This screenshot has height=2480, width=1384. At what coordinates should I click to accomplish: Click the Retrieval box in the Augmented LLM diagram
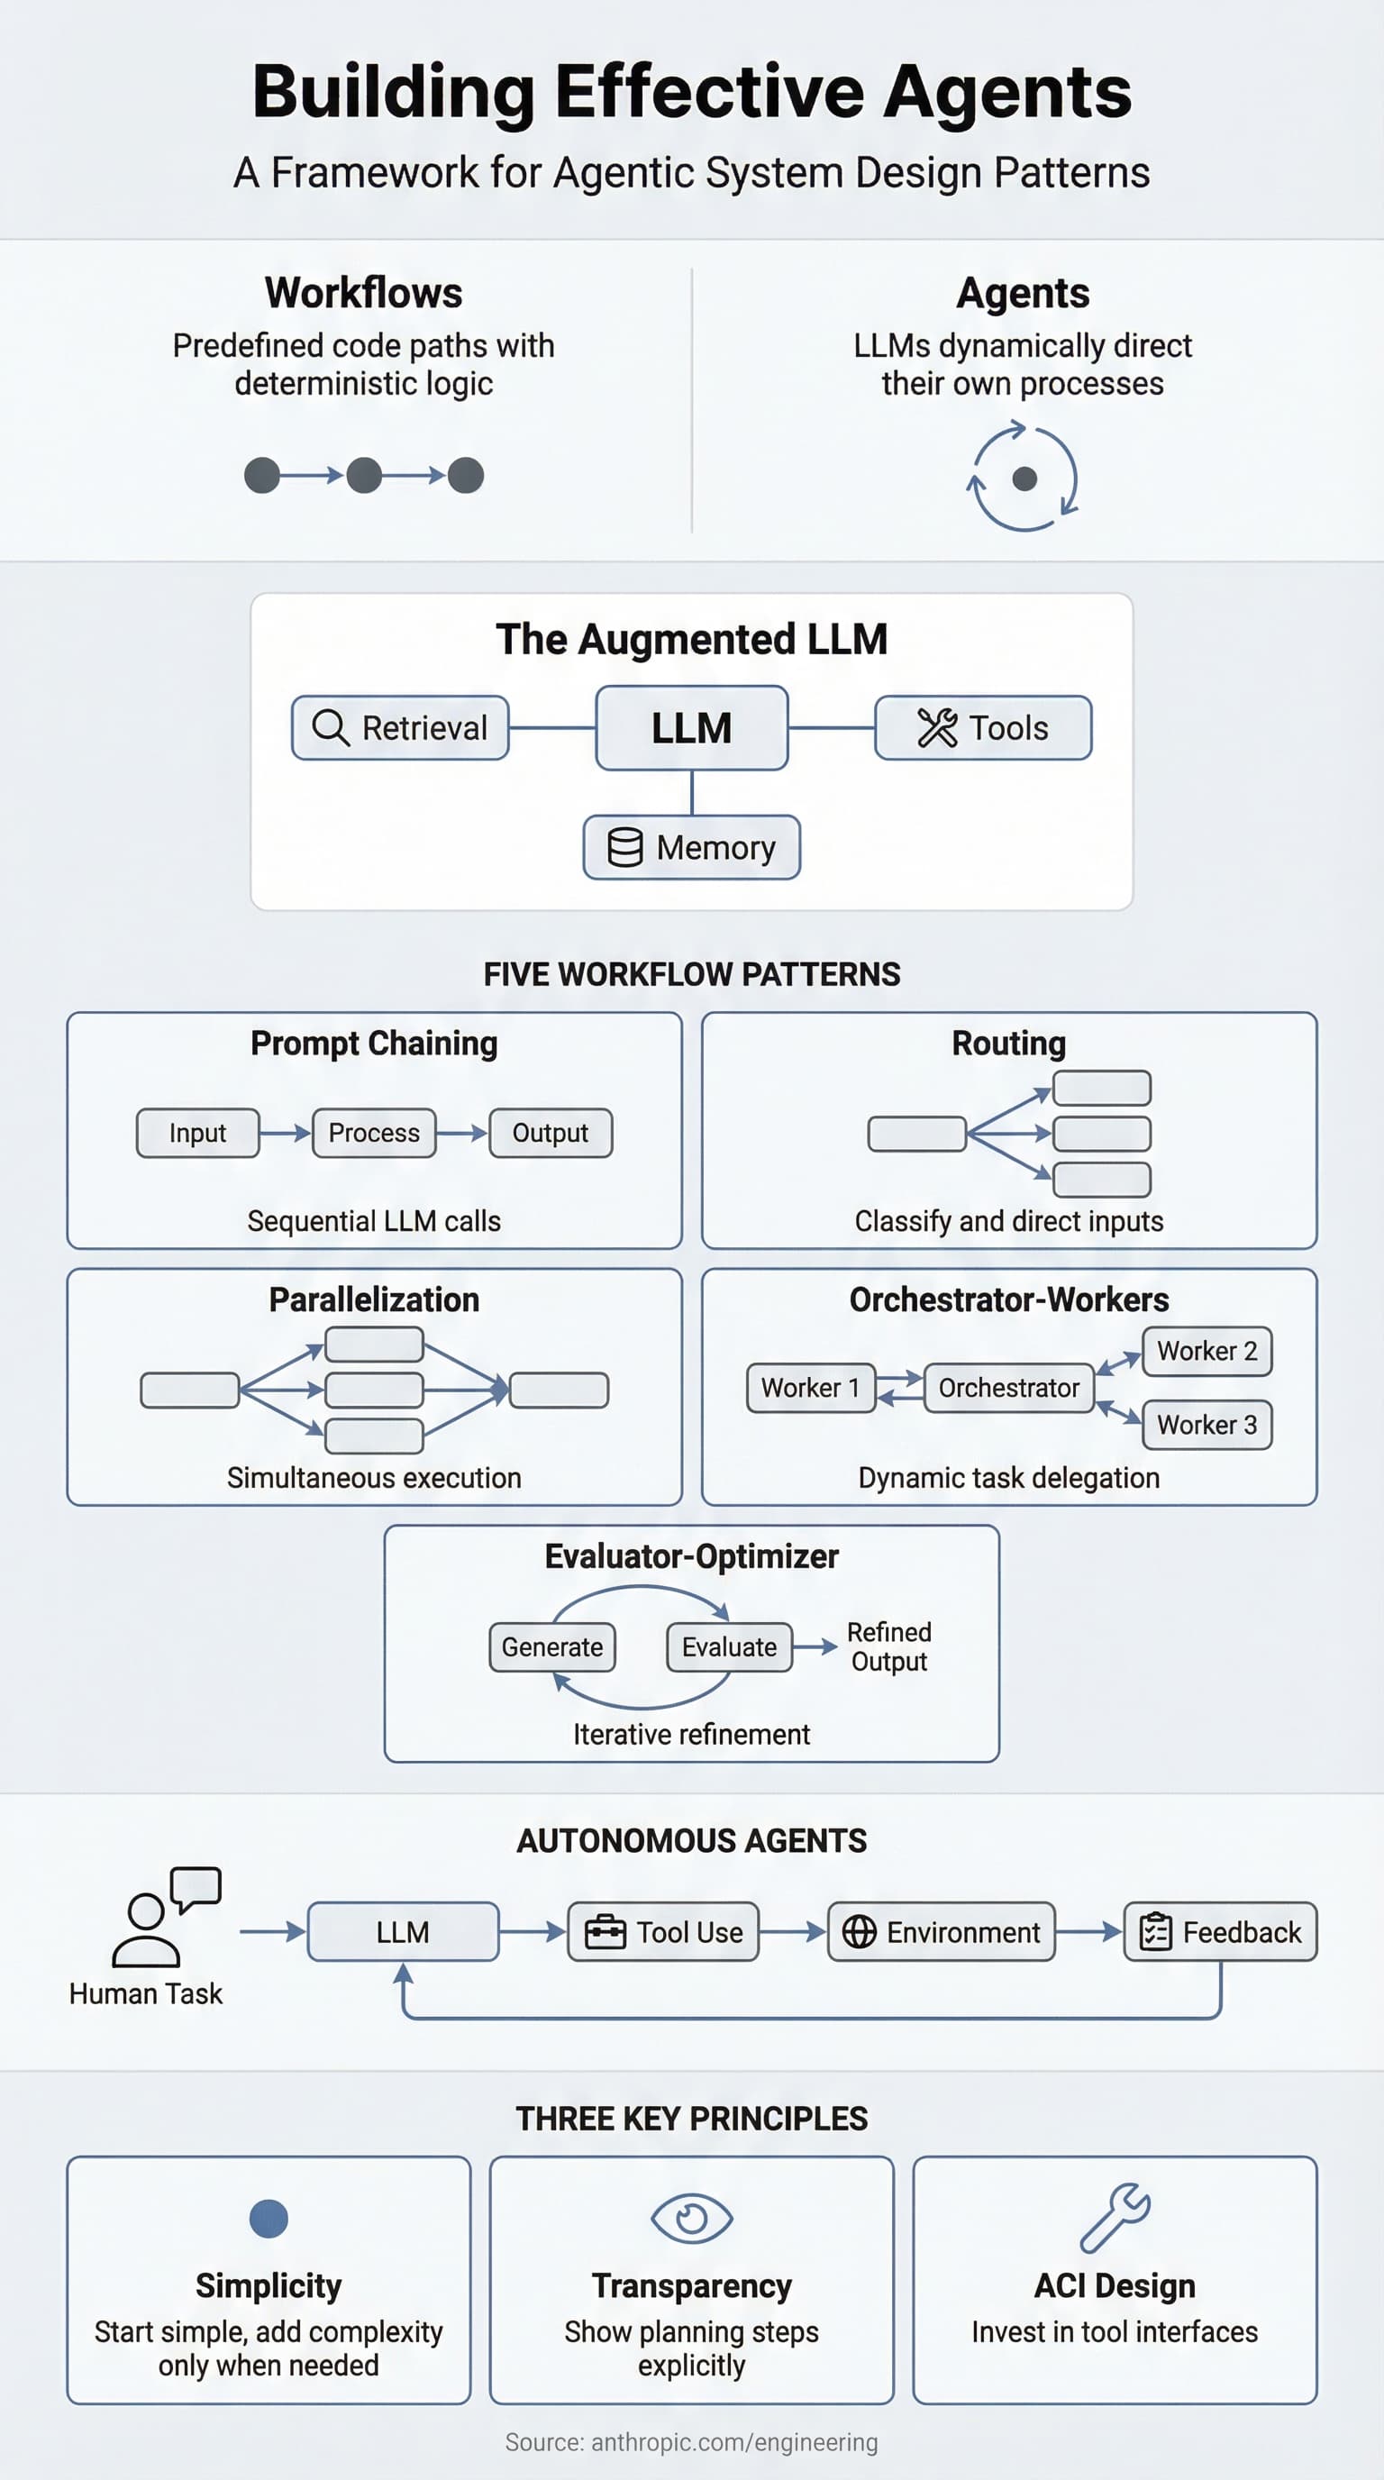click(400, 728)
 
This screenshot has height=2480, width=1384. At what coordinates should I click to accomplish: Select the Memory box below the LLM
click(691, 847)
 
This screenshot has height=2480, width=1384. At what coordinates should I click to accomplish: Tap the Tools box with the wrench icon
click(983, 728)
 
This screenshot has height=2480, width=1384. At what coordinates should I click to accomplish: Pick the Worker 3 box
click(1206, 1425)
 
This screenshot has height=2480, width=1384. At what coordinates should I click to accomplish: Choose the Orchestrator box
click(1007, 1389)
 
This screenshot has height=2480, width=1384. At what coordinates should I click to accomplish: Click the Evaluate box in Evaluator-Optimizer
click(729, 1647)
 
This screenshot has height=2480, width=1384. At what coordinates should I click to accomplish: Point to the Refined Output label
click(888, 1647)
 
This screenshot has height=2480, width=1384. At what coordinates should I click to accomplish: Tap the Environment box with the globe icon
click(941, 1932)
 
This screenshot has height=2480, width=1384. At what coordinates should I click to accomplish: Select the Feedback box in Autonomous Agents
click(1219, 1932)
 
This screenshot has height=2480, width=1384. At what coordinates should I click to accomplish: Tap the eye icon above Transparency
click(691, 2218)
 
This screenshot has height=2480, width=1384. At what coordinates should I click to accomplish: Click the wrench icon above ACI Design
click(1115, 2218)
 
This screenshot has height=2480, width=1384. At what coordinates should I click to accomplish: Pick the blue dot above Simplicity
click(269, 2218)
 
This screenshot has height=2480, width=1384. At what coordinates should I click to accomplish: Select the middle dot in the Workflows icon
click(364, 476)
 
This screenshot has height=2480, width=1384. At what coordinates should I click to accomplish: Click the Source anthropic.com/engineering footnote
click(691, 2442)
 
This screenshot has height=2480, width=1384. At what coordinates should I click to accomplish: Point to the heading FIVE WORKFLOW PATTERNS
click(691, 974)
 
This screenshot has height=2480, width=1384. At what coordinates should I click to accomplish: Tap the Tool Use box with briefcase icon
click(663, 1932)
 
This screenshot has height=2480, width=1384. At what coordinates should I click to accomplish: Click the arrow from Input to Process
click(285, 1133)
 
